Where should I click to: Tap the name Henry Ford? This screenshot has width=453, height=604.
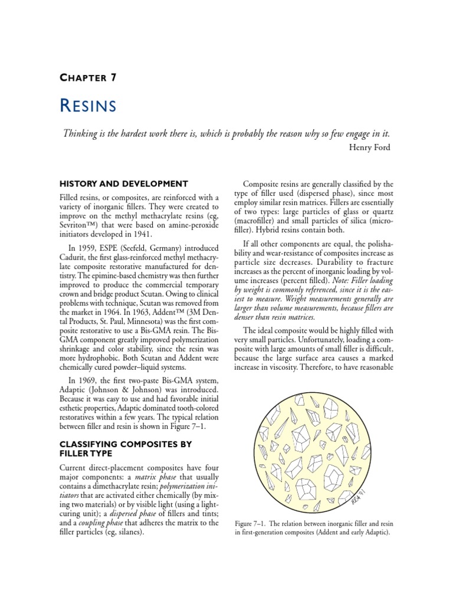[369, 147]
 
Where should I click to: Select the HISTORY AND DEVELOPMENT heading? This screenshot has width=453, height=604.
[124, 183]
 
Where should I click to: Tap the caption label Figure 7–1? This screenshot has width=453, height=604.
[252, 523]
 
